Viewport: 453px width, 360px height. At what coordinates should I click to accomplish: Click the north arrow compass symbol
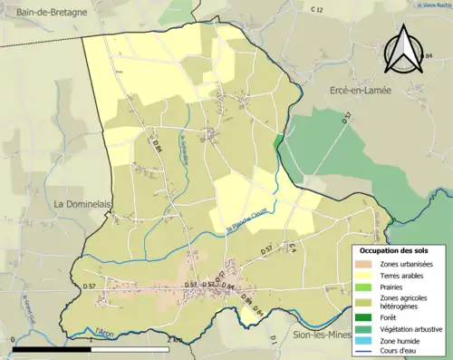coord(403,50)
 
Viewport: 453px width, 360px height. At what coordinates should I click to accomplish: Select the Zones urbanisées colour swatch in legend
coord(362,263)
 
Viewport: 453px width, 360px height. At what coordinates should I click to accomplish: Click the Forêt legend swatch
coord(362,319)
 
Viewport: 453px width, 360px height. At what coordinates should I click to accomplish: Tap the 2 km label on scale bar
coord(175,340)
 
